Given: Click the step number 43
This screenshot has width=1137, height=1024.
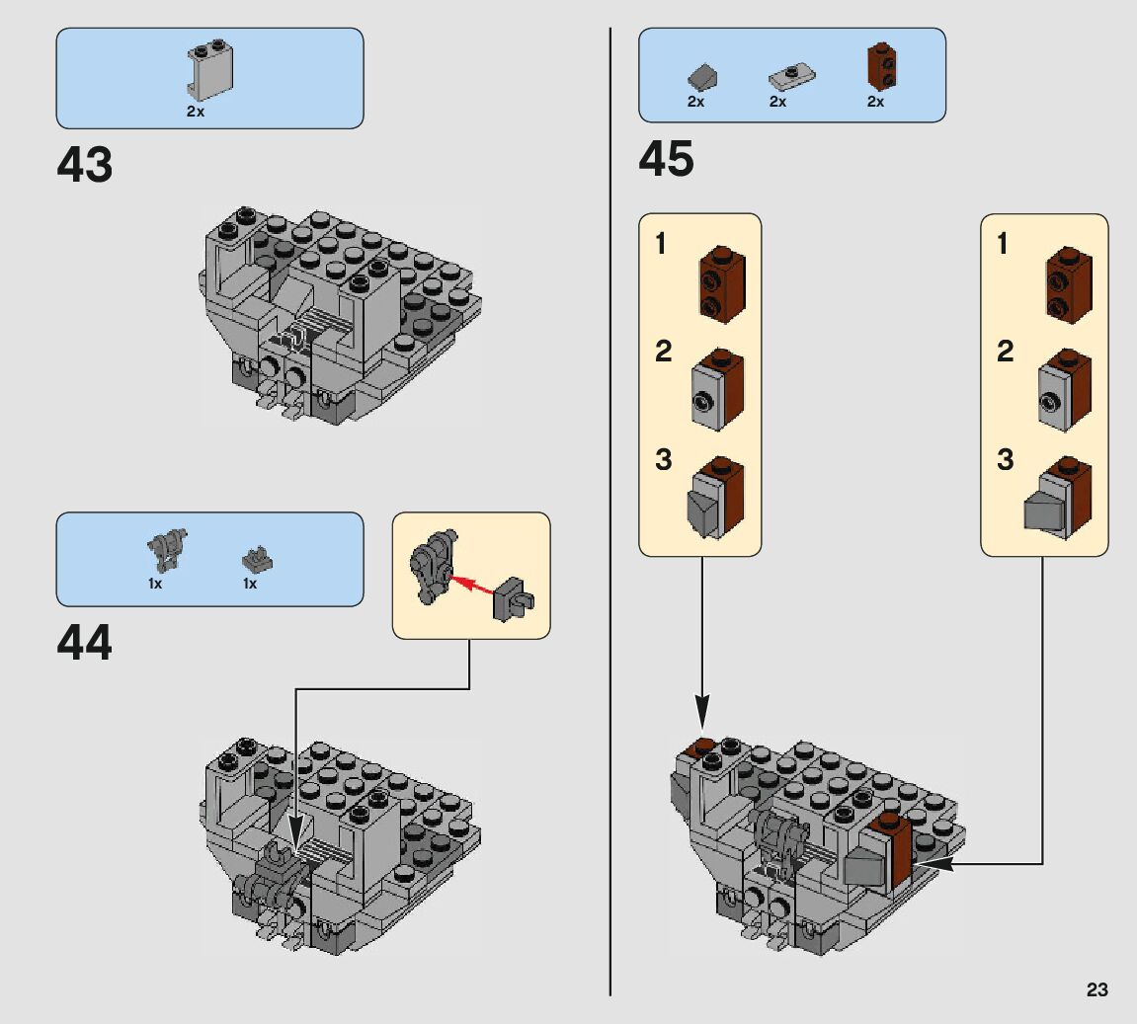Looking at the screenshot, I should point(85,166).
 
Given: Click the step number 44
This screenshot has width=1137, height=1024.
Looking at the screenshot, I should point(85,644).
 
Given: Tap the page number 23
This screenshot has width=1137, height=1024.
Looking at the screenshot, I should point(1096,989).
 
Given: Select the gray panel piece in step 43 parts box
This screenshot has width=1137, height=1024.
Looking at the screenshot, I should point(209,71).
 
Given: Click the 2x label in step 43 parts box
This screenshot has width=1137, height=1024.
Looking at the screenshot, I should point(195,112).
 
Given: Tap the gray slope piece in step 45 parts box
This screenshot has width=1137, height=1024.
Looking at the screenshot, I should point(702,77).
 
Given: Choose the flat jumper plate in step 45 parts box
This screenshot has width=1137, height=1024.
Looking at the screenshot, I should point(789,75).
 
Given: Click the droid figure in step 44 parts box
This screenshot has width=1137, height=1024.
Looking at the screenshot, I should point(167,547).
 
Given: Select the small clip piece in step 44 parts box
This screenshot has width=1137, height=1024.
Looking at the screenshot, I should point(257,560).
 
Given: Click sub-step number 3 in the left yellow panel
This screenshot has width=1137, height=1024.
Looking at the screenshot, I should point(663,460).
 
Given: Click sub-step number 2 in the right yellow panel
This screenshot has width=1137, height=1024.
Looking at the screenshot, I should point(1005,352).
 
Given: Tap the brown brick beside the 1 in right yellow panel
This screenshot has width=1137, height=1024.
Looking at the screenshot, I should point(1069,285).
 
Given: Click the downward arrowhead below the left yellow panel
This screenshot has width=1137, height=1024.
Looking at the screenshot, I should point(702,708).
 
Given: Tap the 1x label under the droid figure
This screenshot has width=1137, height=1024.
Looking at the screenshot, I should point(155,584).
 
